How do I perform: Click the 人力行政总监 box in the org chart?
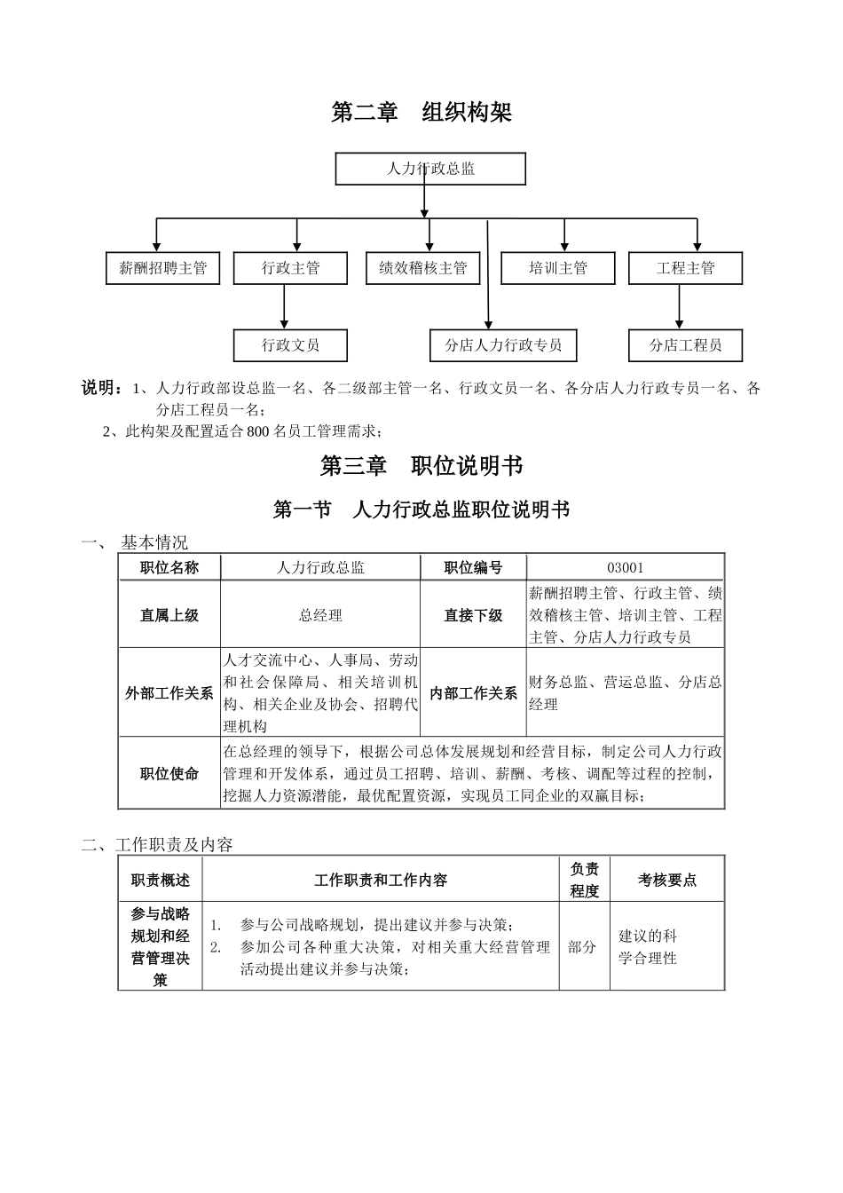[430, 169]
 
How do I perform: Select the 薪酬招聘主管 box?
[162, 268]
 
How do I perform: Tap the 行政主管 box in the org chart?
[290, 268]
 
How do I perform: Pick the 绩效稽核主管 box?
[423, 268]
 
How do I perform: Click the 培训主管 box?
[558, 268]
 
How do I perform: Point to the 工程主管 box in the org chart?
[685, 268]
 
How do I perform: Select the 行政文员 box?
[290, 345]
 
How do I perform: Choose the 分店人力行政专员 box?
[503, 345]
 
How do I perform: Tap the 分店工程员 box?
[685, 345]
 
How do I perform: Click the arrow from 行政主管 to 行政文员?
[285, 307]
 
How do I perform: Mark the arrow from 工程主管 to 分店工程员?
[680, 307]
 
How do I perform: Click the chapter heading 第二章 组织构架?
[421, 113]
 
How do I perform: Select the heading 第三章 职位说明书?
[421, 465]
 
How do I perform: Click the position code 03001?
[625, 568]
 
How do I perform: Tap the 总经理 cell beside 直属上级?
[320, 615]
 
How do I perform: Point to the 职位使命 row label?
[169, 773]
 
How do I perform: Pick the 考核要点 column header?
[667, 880]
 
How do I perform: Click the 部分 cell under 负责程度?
[582, 947]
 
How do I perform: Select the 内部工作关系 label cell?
[473, 693]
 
